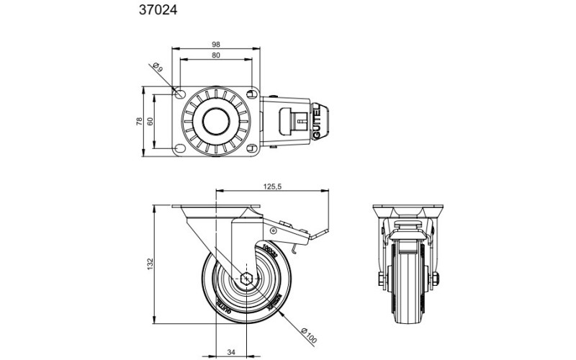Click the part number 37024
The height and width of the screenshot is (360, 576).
click(158, 11)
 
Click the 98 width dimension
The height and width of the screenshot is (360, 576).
click(216, 42)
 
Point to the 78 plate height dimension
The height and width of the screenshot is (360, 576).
click(139, 122)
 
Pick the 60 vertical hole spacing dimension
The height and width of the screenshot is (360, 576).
click(150, 122)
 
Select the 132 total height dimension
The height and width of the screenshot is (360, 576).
click(150, 265)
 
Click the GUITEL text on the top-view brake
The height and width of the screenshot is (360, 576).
click(318, 121)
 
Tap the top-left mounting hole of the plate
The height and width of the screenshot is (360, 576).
click(180, 94)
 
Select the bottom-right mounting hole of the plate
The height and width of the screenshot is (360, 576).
click(252, 148)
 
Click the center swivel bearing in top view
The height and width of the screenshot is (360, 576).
click(216, 122)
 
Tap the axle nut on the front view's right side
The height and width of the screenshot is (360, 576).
click(436, 280)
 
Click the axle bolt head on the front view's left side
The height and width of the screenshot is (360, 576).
click(379, 280)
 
